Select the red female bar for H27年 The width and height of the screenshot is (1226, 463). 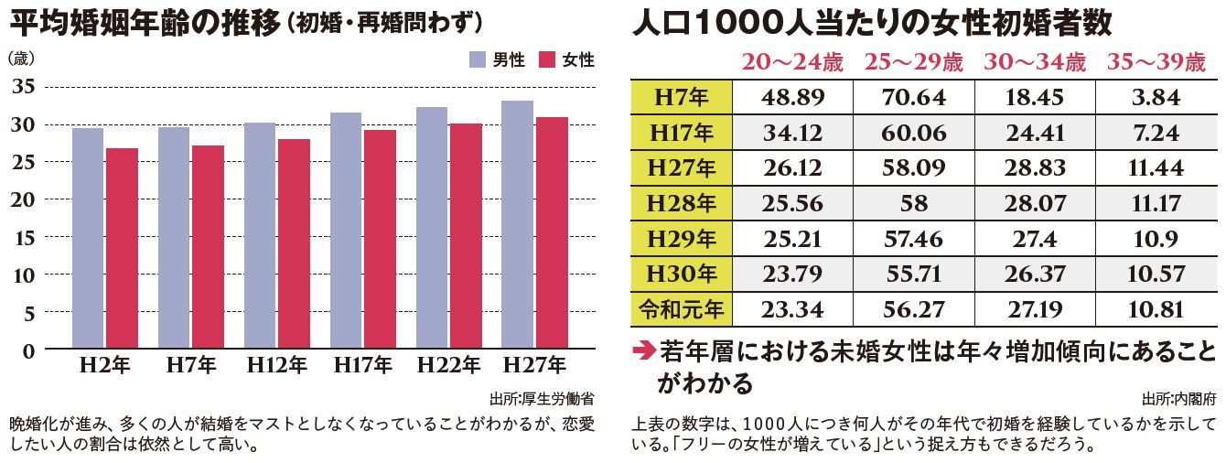coord(552,233)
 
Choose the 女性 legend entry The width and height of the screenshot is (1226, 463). coord(566,59)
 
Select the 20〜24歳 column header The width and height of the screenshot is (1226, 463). coord(791,62)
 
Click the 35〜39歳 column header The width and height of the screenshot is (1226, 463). coord(1156,62)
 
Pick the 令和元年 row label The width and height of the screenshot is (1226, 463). coord(682,309)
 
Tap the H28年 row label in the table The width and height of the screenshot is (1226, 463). coord(682,203)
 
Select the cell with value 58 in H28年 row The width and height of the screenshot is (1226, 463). coord(913,203)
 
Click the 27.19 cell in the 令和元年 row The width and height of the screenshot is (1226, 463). coord(1034,309)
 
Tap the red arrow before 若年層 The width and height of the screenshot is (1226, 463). coord(643,351)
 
